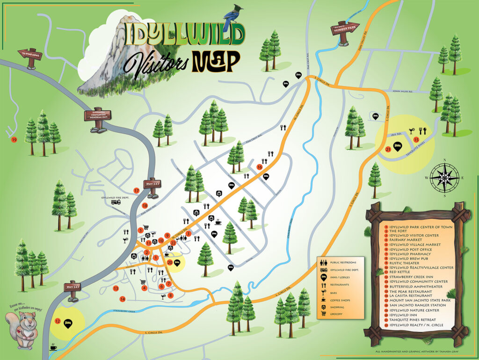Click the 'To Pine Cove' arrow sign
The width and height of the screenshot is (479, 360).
pos(30,54)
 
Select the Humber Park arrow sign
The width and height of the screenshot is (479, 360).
pos(344,29)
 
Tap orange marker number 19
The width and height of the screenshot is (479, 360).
pos(14,139)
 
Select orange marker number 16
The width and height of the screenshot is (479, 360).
pos(260,167)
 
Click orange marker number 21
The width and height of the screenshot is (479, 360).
pos(388,150)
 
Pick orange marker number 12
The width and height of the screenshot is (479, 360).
pos(58,321)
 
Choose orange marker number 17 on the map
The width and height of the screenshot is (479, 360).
pos(137,191)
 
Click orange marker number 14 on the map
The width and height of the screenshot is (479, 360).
pos(122,299)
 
